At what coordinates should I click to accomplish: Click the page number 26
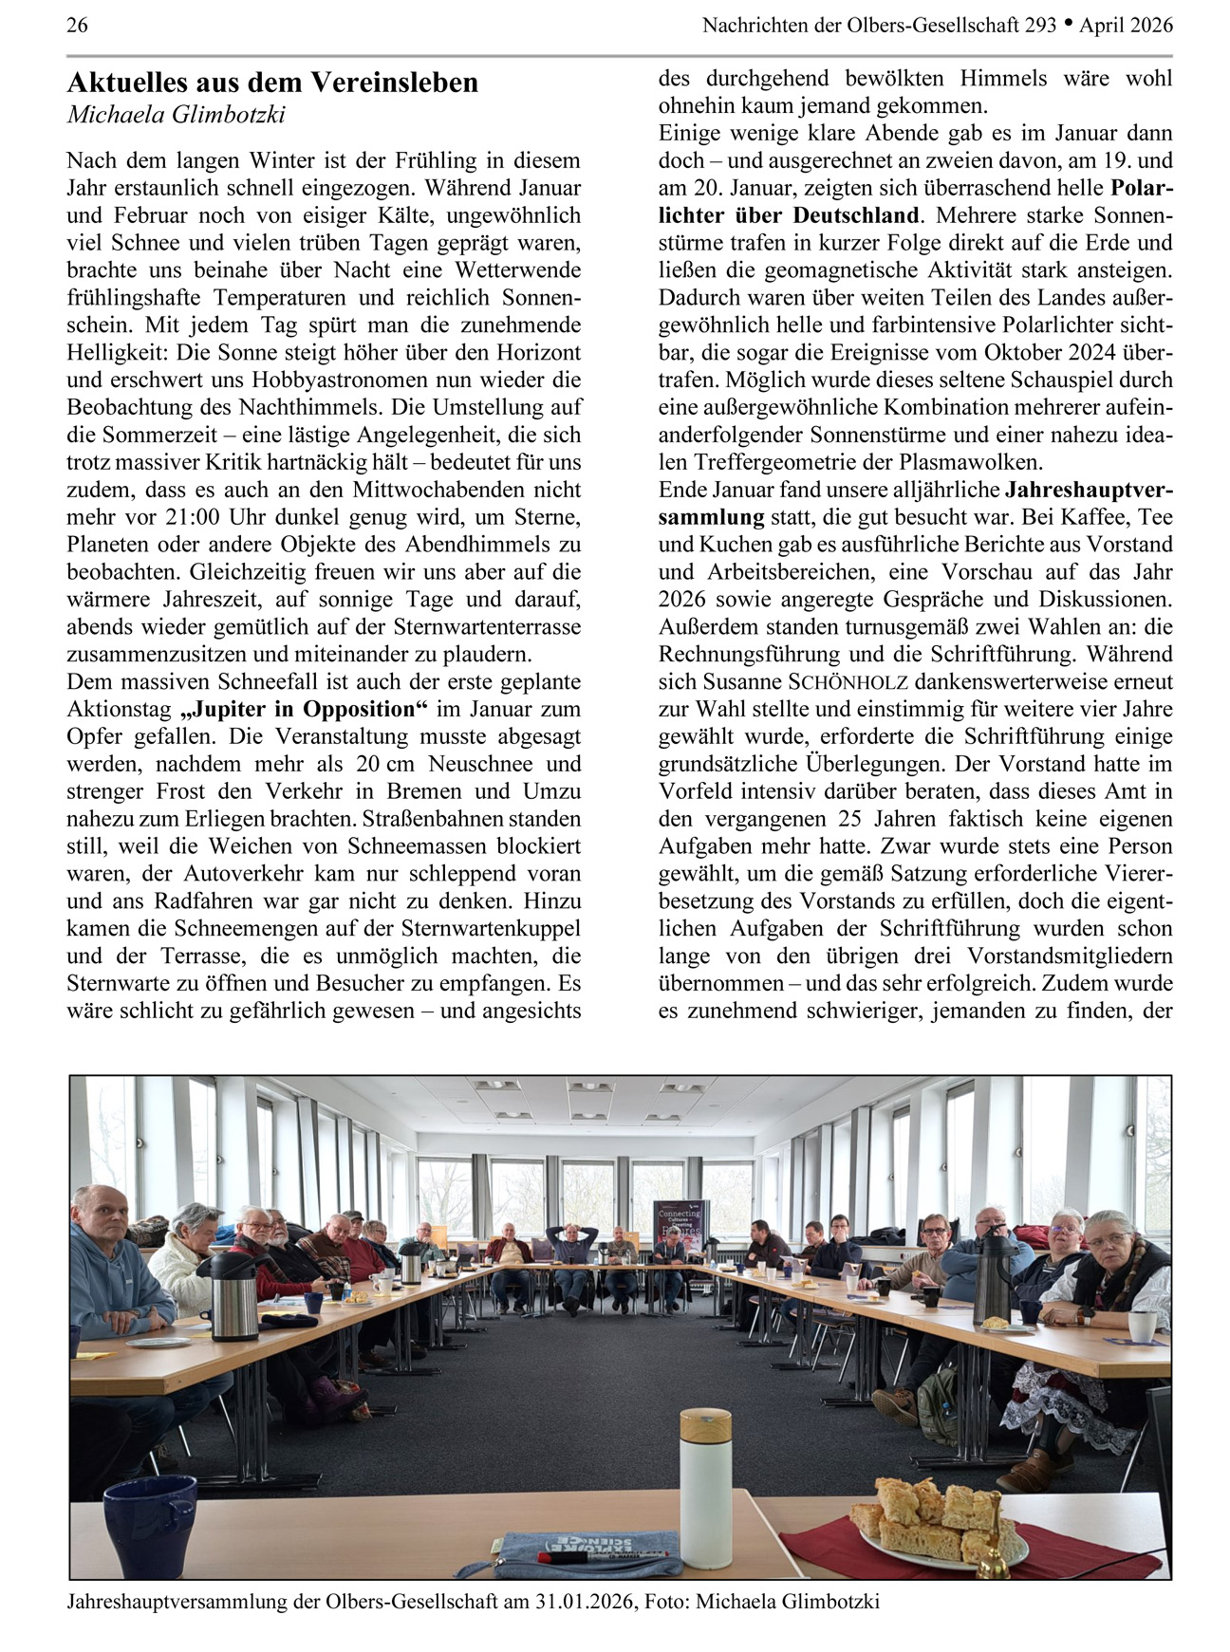pos(77,26)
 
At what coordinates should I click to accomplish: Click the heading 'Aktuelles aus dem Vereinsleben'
pos(272,84)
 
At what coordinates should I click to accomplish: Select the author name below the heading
pos(176,115)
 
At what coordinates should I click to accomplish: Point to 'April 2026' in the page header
pos(1126,26)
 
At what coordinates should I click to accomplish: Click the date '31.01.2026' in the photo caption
pos(584,1602)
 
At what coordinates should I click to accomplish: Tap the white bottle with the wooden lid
pos(705,1485)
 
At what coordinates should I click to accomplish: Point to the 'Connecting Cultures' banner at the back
pos(677,1223)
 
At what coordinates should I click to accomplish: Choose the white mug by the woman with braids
pos(1142,1326)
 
